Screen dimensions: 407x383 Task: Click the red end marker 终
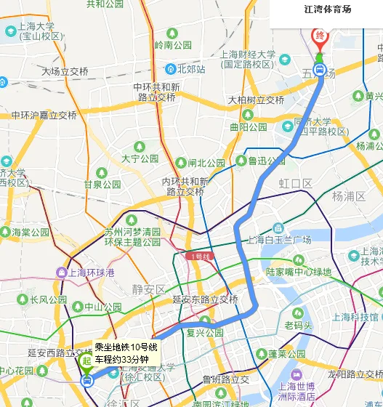coord(319,36)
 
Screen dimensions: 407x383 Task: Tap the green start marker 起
coord(86,360)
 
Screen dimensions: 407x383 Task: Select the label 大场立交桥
coord(65,71)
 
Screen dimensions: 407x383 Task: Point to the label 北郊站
coord(191,69)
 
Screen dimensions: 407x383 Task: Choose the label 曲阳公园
coord(248,127)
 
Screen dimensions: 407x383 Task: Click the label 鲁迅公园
coord(266,161)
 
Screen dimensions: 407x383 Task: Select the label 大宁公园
coord(140,158)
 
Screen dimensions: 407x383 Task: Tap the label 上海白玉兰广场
coord(279,240)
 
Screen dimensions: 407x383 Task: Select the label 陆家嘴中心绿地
coord(298,272)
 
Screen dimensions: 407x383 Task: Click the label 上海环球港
coord(91,273)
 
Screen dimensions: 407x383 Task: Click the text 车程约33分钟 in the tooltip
coord(121,359)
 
